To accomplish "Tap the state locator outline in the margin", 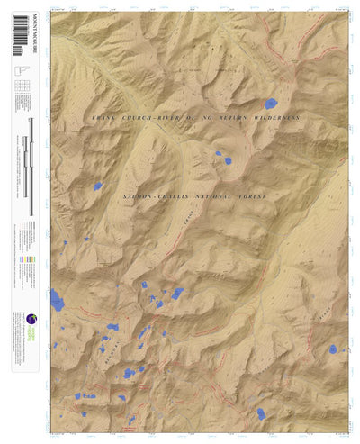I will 18,72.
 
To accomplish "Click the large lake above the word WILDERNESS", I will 269,102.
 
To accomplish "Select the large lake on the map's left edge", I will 58,300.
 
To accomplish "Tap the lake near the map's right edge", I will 332,349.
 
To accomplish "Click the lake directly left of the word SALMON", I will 97,187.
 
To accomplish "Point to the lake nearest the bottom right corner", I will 261,413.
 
